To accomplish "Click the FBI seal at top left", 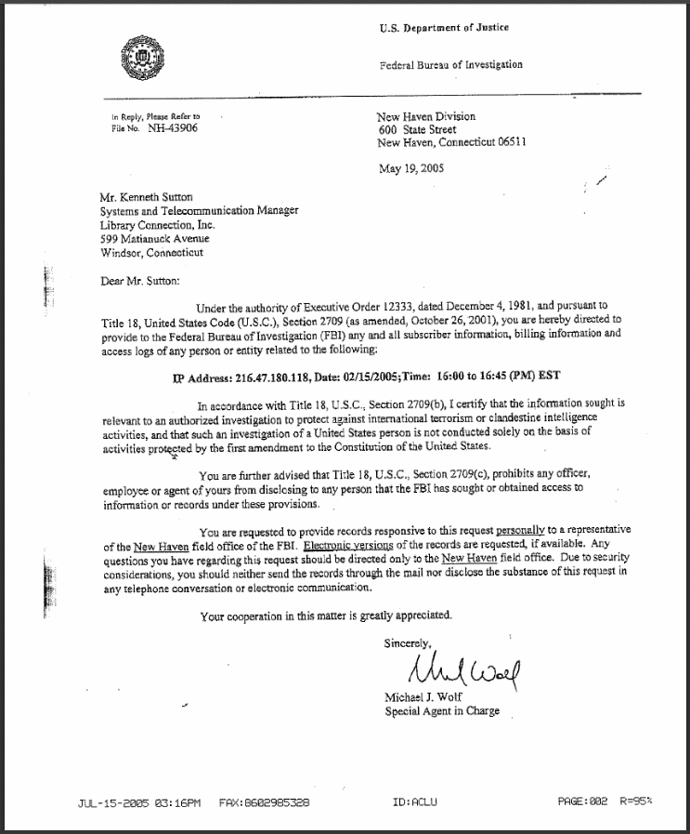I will click(x=141, y=60).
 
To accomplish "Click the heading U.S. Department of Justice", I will click(x=444, y=28).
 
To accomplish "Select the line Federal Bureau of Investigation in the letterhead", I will click(x=451, y=65).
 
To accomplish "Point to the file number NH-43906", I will click(x=173, y=128).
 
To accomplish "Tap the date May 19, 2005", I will click(x=411, y=168).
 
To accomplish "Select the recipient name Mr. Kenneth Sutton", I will click(x=148, y=197).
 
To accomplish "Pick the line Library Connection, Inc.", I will click(x=157, y=225).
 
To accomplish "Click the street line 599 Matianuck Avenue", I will click(x=154, y=239).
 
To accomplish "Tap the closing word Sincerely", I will click(x=408, y=642).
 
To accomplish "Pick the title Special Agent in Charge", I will click(x=442, y=711).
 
